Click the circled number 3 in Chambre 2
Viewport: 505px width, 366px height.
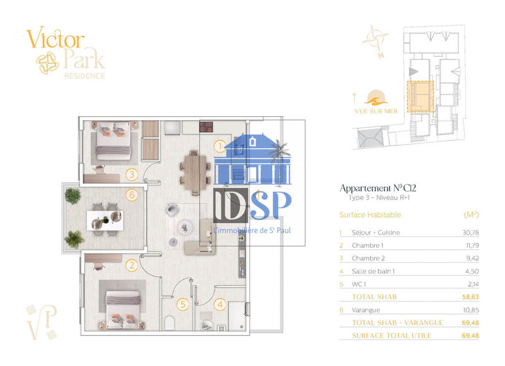tap(132, 174)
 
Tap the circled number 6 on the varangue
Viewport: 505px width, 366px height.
tap(132, 195)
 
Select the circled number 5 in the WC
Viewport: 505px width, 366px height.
tap(182, 305)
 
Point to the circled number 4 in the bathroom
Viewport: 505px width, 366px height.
tap(220, 305)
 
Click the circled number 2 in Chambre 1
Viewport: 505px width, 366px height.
tap(132, 265)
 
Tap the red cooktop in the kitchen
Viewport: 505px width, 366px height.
tap(206, 126)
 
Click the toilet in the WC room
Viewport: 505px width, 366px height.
tap(169, 323)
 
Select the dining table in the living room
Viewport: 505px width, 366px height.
tap(195, 173)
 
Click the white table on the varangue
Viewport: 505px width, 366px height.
tap(105, 221)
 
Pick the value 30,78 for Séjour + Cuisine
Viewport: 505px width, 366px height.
tap(470, 233)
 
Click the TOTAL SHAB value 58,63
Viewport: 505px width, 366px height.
tap(470, 297)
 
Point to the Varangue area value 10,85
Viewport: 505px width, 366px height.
tap(470, 310)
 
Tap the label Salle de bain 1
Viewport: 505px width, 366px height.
tap(373, 271)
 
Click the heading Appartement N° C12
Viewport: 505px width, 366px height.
tap(377, 188)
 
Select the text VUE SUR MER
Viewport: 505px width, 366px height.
tap(376, 111)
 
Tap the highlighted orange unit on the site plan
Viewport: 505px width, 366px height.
tap(420, 97)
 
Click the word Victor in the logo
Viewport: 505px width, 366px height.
tap(56, 38)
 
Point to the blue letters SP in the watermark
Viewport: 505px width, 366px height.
tap(271, 205)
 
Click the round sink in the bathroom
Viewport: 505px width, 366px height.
tap(206, 326)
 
